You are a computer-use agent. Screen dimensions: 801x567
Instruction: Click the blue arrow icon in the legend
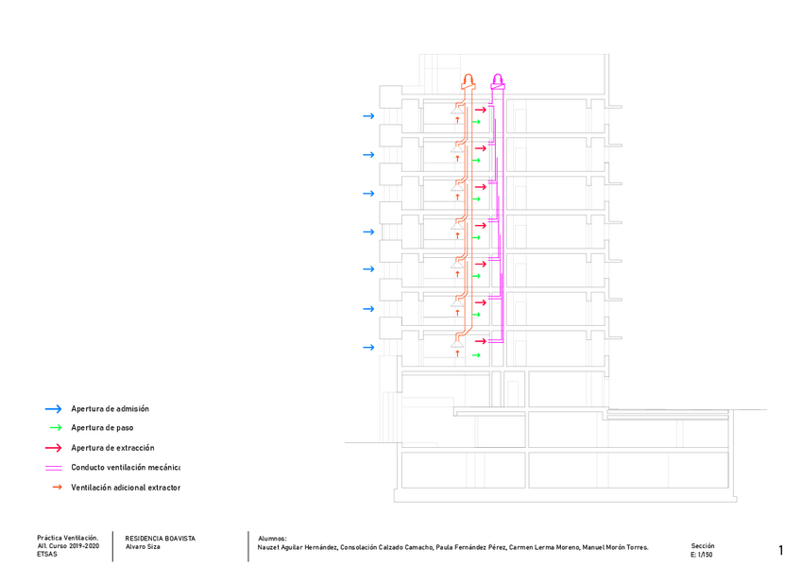click(53, 409)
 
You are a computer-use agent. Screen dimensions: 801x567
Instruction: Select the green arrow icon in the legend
click(54, 428)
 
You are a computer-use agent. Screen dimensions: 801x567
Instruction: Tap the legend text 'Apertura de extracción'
click(112, 448)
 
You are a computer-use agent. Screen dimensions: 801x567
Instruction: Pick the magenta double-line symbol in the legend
click(54, 468)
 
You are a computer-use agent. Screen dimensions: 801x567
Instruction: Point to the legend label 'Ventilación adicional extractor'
click(125, 488)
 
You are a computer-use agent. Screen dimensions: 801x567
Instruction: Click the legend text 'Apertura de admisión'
click(110, 409)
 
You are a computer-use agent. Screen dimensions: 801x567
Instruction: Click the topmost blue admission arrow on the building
click(368, 116)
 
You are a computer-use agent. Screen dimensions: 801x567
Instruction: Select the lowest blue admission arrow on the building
click(368, 348)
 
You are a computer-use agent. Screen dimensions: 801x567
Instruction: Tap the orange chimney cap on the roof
click(469, 79)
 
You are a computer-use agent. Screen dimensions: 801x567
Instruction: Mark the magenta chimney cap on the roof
click(498, 80)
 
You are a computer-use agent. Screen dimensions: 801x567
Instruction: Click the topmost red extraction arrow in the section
click(480, 111)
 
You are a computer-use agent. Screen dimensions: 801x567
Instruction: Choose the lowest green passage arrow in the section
click(476, 355)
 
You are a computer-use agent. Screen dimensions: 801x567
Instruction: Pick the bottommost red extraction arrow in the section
click(480, 341)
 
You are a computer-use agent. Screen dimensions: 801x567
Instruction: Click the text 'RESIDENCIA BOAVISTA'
click(160, 539)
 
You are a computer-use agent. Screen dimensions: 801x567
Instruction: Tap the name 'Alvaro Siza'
click(143, 547)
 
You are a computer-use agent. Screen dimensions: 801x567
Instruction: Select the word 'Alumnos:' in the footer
click(272, 539)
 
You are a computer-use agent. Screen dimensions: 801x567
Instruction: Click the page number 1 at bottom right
click(781, 550)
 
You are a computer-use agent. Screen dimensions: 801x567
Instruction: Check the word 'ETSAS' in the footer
click(47, 555)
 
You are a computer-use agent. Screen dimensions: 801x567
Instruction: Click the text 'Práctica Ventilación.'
click(67, 538)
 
